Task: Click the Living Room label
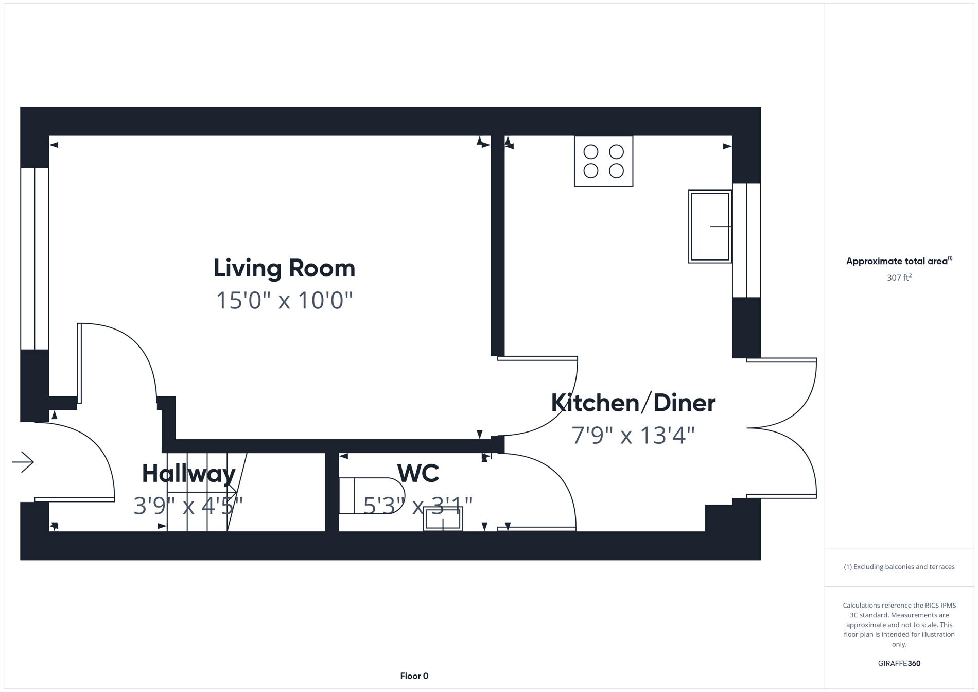point(284,268)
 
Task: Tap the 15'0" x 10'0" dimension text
point(284,301)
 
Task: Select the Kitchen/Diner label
point(633,403)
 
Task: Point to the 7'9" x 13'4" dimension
point(633,436)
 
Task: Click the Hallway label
point(188,474)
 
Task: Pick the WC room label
point(418,473)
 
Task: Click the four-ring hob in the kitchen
point(603,161)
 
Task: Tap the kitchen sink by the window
point(710,227)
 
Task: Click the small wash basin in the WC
point(443,519)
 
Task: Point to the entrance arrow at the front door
point(23,462)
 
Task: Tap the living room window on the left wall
point(34,258)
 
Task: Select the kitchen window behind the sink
point(746,240)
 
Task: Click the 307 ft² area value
point(899,278)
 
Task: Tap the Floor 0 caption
point(414,676)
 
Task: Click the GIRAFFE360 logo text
point(899,663)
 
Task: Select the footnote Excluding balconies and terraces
point(899,567)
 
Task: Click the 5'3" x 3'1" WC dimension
point(418,506)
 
